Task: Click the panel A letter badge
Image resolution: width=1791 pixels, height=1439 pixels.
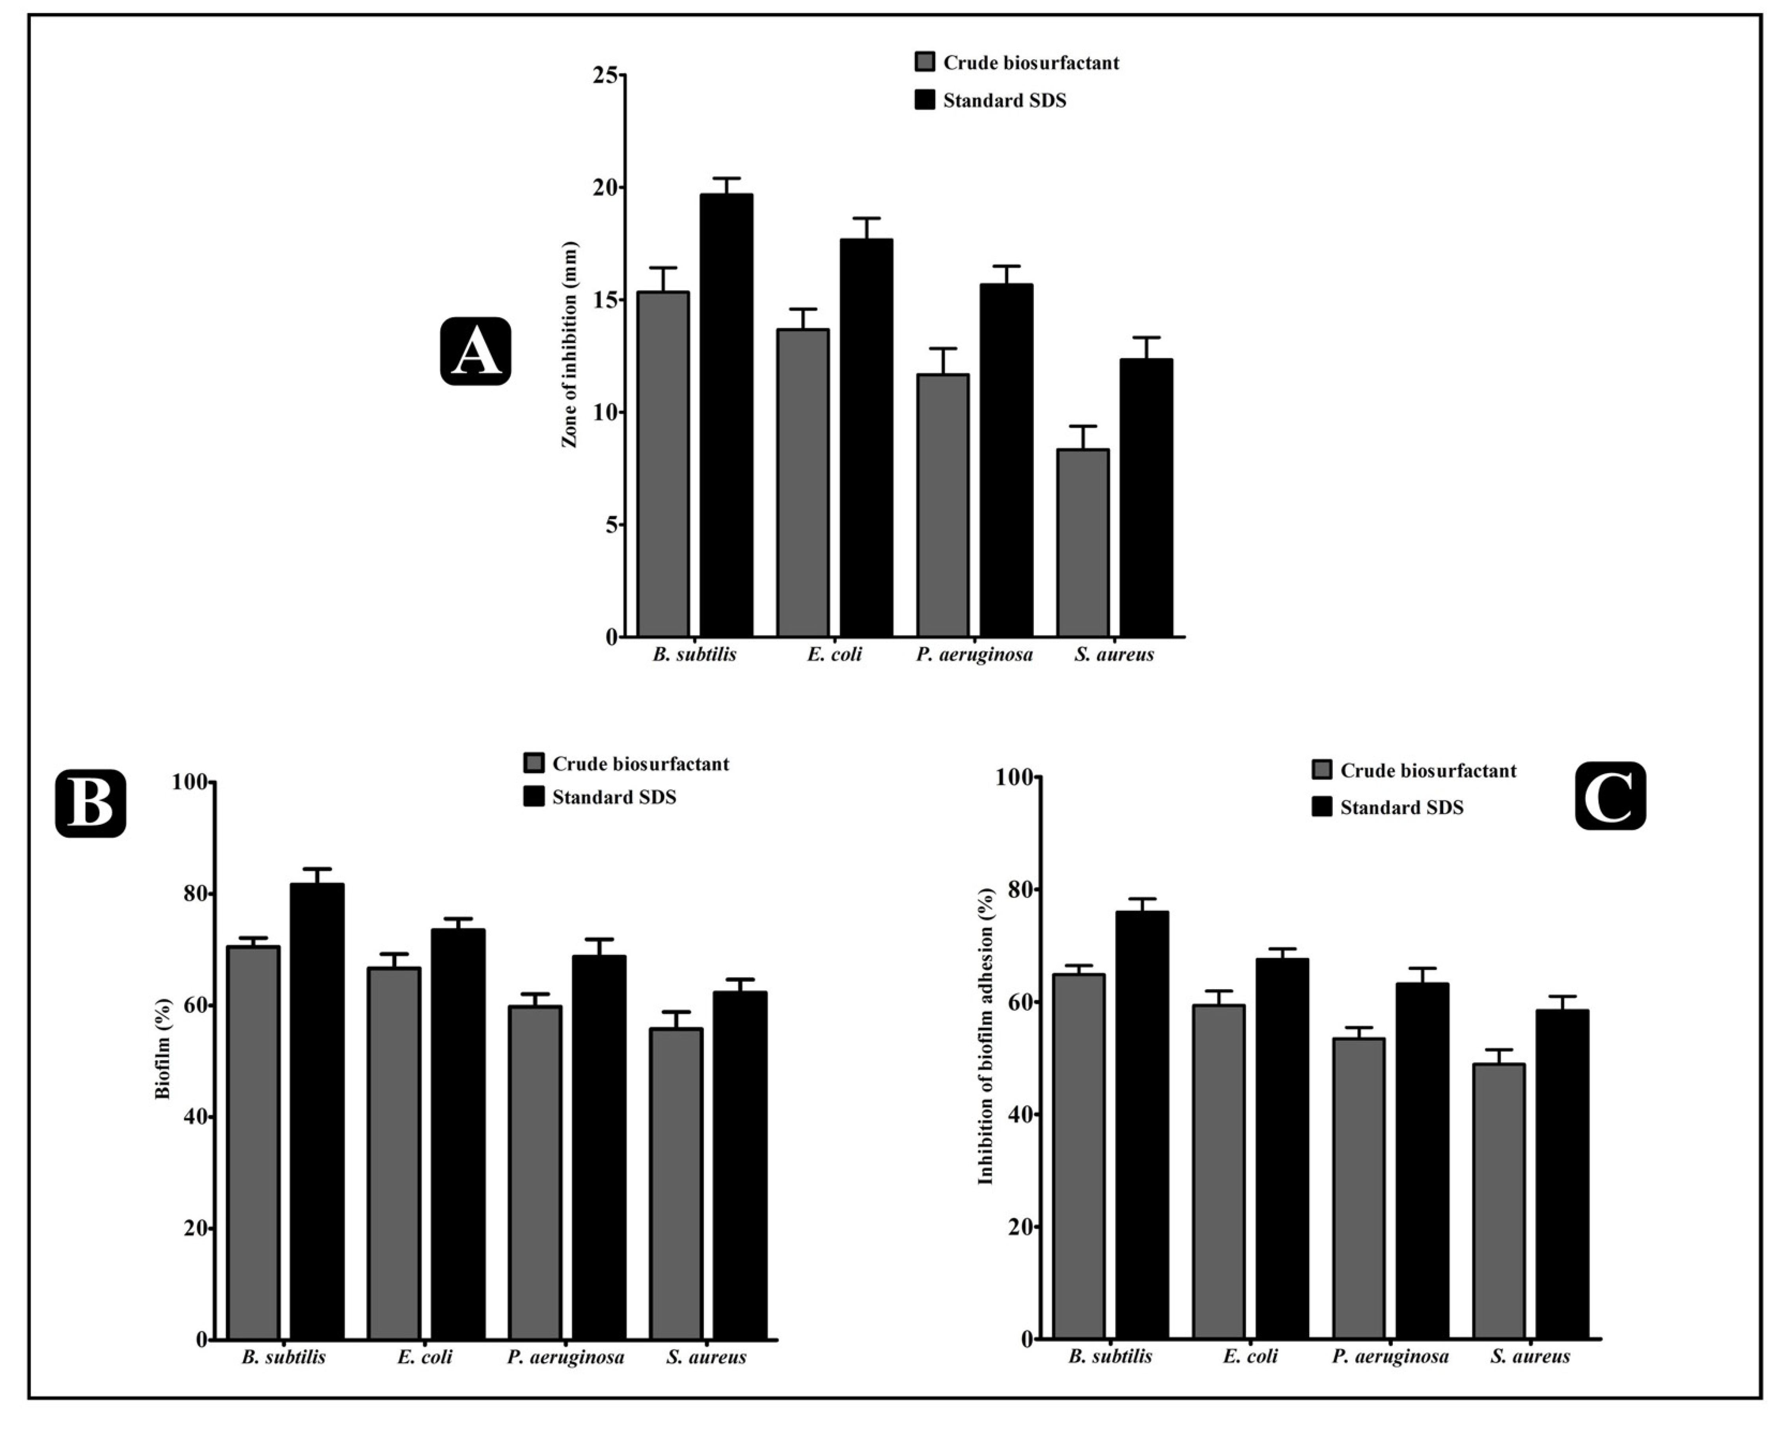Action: coord(475,351)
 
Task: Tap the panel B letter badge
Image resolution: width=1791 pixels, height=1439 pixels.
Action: coord(91,803)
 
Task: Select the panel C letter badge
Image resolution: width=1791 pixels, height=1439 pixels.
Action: coord(1610,796)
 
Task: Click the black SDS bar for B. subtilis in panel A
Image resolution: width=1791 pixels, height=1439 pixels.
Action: coord(726,415)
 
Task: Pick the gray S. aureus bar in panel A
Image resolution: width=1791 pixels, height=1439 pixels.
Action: coord(1082,543)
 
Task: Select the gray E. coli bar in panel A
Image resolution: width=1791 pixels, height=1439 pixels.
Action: coord(802,483)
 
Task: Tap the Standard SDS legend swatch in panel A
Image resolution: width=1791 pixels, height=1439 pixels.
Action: coord(925,100)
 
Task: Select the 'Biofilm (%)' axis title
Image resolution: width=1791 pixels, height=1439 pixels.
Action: coord(163,1049)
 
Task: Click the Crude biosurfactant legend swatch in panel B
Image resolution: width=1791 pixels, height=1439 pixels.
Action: coord(533,763)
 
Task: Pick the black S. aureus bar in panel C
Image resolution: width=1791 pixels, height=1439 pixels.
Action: coord(1562,1174)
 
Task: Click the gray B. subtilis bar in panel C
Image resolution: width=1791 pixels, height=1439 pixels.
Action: coord(1078,1156)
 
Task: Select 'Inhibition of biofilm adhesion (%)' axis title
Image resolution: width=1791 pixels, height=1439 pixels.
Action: coord(986,1036)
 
